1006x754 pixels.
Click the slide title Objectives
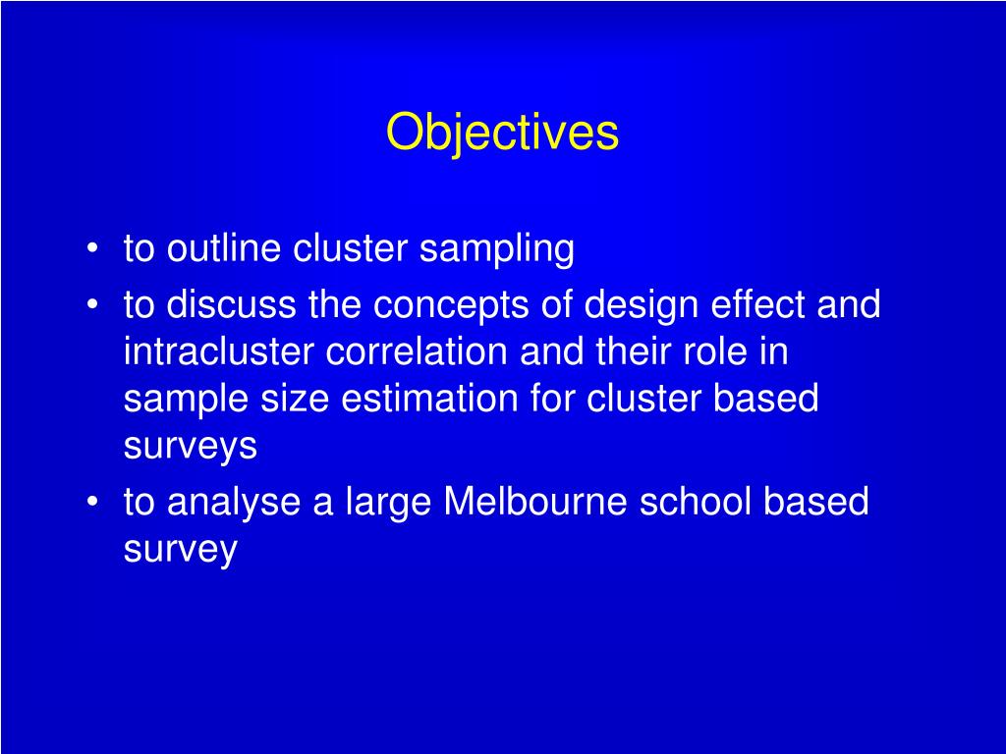click(x=502, y=133)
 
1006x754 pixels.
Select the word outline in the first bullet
click(x=225, y=249)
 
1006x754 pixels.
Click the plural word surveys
click(x=191, y=447)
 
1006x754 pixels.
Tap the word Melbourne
click(x=535, y=503)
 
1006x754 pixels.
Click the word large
click(x=389, y=503)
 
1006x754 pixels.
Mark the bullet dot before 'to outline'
click(x=91, y=251)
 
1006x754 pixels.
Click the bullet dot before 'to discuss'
click(x=91, y=307)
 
